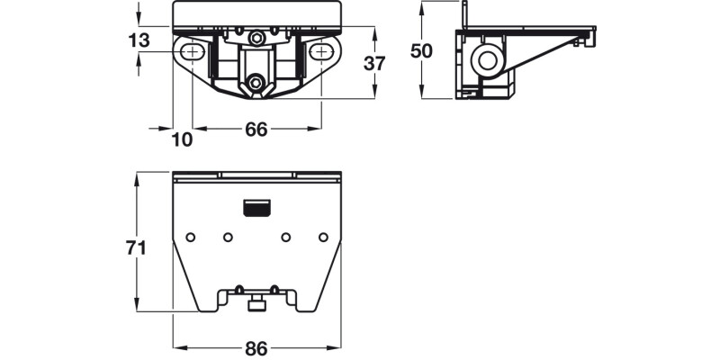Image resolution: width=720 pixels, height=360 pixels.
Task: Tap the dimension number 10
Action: point(182,139)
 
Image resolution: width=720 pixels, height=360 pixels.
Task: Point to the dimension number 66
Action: point(256,130)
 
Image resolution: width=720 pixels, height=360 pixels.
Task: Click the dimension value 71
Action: point(136,248)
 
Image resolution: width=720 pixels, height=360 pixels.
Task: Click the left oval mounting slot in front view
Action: point(192,54)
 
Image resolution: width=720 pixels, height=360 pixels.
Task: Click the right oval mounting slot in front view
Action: point(321,54)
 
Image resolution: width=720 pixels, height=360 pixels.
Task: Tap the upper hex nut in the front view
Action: point(257,38)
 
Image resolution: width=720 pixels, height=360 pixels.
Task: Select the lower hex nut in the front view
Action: point(257,83)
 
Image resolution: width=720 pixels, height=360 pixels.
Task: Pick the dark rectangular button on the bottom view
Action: point(256,209)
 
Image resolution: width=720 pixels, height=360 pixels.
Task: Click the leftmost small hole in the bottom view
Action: point(191,237)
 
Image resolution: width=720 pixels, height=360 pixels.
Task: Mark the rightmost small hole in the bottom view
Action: point(323,237)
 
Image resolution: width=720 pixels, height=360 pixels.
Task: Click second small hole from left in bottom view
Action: point(229,237)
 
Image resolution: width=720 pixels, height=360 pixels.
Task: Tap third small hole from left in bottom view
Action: point(285,237)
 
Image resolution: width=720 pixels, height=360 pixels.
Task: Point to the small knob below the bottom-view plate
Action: point(256,306)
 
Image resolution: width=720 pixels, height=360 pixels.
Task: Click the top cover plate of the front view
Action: point(257,13)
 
